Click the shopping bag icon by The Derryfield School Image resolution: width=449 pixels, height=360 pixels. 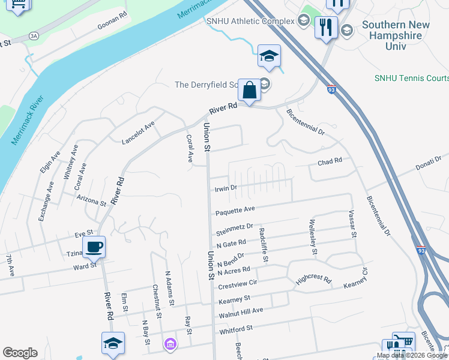249,91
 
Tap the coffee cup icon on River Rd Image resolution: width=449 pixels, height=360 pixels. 95,247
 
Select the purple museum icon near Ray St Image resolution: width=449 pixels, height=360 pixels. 170,344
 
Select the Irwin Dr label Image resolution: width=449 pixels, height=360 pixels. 226,188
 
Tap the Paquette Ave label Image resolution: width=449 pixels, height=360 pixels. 235,211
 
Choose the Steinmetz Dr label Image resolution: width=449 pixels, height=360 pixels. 234,230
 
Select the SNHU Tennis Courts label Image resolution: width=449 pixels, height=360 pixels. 412,77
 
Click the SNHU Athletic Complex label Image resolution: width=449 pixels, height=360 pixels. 250,21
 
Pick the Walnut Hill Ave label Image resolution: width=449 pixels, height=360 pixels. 241,311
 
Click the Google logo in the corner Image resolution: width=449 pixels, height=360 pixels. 20,353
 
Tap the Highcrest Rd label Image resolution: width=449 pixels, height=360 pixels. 313,280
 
